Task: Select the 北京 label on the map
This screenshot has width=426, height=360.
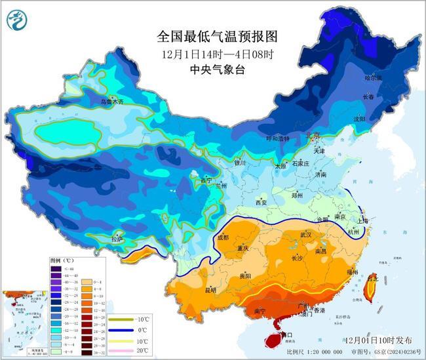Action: point(313,136)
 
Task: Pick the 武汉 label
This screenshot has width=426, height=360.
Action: point(305,234)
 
